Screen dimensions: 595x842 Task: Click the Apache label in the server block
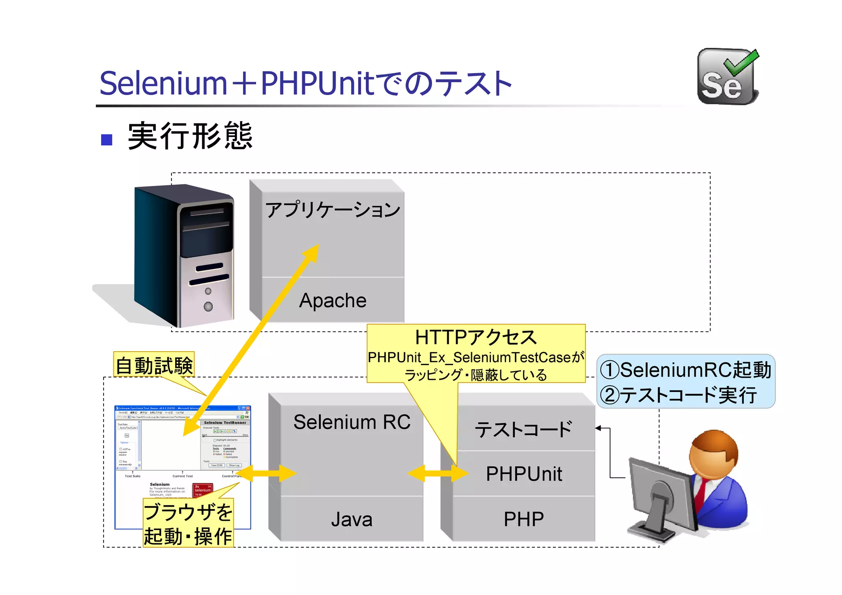coord(333,300)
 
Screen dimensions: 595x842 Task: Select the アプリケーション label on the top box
coord(332,210)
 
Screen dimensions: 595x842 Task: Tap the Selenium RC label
coord(352,422)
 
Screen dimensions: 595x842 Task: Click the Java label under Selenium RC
coord(352,519)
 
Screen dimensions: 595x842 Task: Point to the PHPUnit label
coord(524,474)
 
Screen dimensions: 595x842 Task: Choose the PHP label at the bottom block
coord(524,519)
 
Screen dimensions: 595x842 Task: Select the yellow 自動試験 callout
coord(154,365)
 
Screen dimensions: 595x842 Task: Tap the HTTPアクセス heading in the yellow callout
coord(476,337)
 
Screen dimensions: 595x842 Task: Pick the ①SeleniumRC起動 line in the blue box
coord(685,370)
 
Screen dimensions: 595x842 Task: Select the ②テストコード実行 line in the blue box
coord(678,395)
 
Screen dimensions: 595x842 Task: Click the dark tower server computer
coord(185,255)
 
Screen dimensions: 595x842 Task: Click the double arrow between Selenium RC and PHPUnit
coord(438,473)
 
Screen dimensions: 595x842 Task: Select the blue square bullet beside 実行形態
coord(107,140)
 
